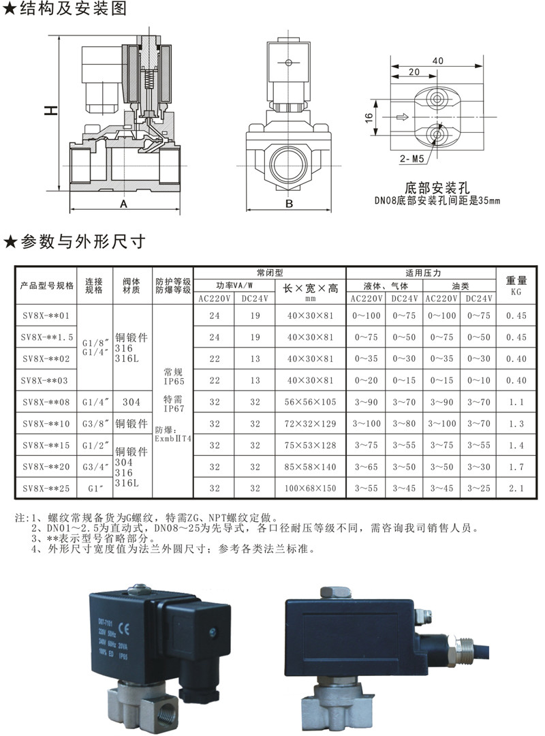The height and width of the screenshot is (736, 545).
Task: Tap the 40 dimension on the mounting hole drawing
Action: click(437, 61)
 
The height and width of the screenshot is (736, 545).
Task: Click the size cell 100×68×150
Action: click(311, 489)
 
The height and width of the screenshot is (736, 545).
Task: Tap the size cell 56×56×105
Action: click(311, 402)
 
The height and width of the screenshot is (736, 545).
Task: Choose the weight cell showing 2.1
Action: click(516, 489)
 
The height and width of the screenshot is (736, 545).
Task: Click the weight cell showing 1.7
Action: click(516, 467)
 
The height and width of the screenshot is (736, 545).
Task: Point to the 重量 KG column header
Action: click(516, 285)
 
